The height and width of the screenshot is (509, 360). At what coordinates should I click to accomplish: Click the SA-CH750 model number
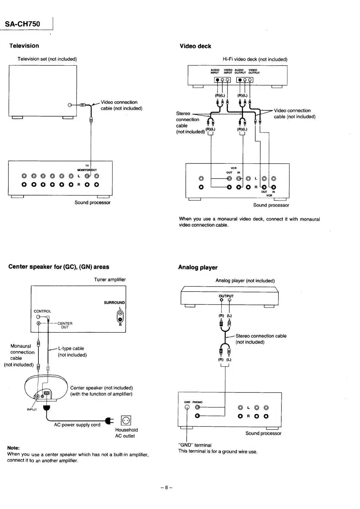click(23, 24)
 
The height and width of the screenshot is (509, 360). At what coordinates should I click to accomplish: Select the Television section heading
click(24, 46)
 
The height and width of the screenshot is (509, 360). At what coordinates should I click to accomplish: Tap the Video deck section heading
click(195, 46)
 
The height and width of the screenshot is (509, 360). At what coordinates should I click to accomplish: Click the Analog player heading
click(198, 267)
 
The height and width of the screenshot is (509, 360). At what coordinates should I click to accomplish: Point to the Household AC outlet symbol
click(126, 420)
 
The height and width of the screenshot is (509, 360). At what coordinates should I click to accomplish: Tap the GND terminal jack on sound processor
click(187, 407)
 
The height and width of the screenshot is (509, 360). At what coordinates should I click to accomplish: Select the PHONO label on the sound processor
click(197, 402)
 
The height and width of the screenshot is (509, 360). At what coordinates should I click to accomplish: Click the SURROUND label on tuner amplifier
click(114, 303)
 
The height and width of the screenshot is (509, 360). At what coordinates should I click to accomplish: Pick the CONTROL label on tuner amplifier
click(42, 311)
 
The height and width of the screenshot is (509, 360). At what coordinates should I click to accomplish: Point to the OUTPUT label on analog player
click(226, 296)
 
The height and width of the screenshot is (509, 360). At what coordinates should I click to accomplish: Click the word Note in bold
click(13, 448)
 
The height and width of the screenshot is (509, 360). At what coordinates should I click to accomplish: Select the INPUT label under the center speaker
click(32, 409)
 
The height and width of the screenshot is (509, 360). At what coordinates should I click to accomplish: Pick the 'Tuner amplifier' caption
click(110, 279)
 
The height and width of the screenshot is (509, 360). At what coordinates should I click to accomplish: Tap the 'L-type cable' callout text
click(71, 348)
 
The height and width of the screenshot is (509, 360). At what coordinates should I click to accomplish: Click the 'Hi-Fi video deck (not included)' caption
click(255, 59)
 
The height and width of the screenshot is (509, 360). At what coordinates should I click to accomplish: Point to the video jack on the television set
click(70, 105)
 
